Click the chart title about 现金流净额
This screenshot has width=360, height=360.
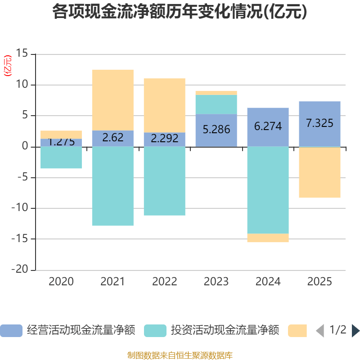pos(180,12)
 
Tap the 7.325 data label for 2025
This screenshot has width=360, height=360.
pos(319,123)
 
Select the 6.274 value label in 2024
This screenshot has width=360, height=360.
pos(268,126)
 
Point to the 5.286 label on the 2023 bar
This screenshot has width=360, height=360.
pos(216,130)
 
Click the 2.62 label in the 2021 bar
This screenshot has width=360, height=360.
pos(112,138)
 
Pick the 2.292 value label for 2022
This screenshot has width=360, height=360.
pos(164,139)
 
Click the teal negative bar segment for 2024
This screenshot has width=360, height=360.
pos(268,190)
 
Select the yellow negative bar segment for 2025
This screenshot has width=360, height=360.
pos(319,172)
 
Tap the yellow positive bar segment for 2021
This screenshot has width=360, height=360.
pos(112,100)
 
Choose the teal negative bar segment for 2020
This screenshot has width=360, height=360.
pos(61,157)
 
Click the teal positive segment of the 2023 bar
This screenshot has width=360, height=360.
pos(216,104)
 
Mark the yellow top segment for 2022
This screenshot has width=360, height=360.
pos(164,105)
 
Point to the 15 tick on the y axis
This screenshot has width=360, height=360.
pos(22,54)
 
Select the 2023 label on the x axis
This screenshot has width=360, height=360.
pos(216,282)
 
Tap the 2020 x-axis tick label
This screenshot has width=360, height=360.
pos(61,282)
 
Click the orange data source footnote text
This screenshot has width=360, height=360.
pos(180,355)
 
